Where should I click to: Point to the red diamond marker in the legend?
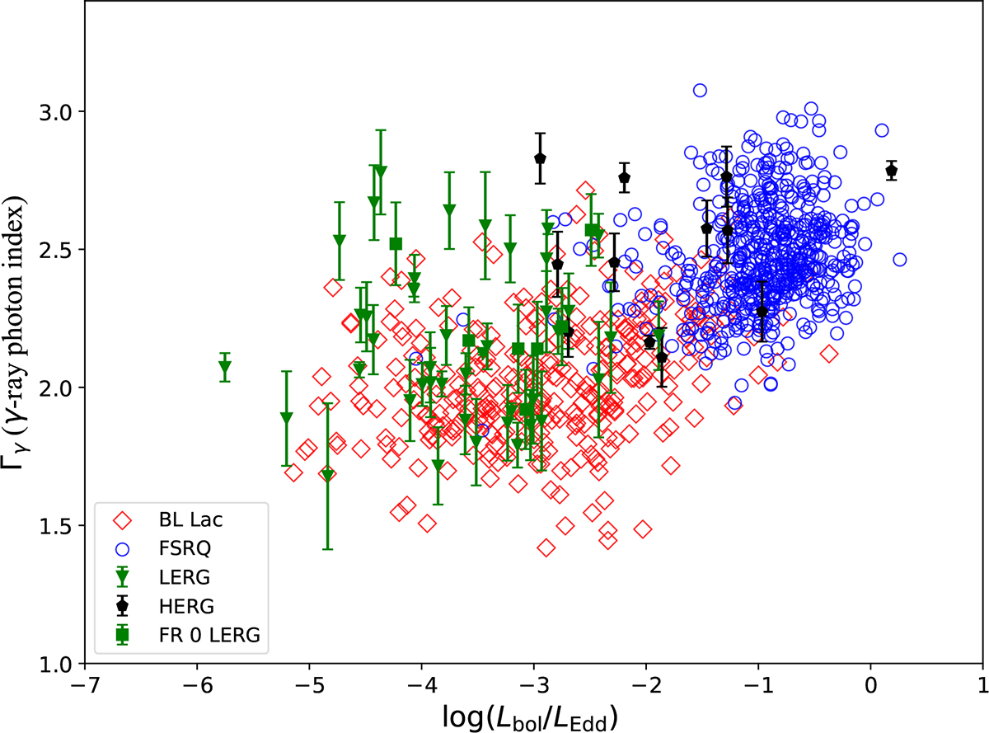click(x=123, y=520)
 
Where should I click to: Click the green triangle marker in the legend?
click(x=123, y=576)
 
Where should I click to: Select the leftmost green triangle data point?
click(x=225, y=368)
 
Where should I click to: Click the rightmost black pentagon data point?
click(x=891, y=171)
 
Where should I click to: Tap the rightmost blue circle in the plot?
click(x=899, y=260)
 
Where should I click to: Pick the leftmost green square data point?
click(x=396, y=243)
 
